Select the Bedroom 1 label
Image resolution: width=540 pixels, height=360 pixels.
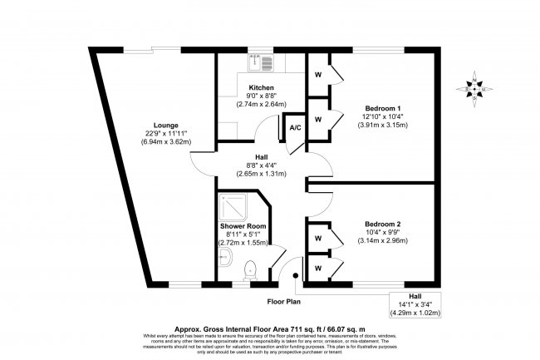click(382, 107)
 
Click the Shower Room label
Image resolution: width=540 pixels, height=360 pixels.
click(242, 226)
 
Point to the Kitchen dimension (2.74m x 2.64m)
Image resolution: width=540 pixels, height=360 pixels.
click(262, 105)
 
